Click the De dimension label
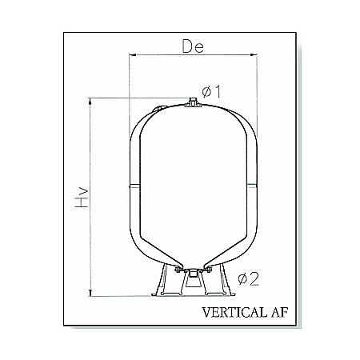[x=193, y=46]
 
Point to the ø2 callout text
[x=250, y=279]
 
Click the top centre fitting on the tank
[x=192, y=103]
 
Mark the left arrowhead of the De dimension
[x=133, y=55]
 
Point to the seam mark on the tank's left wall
[x=132, y=184]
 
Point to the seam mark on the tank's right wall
[x=252, y=184]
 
